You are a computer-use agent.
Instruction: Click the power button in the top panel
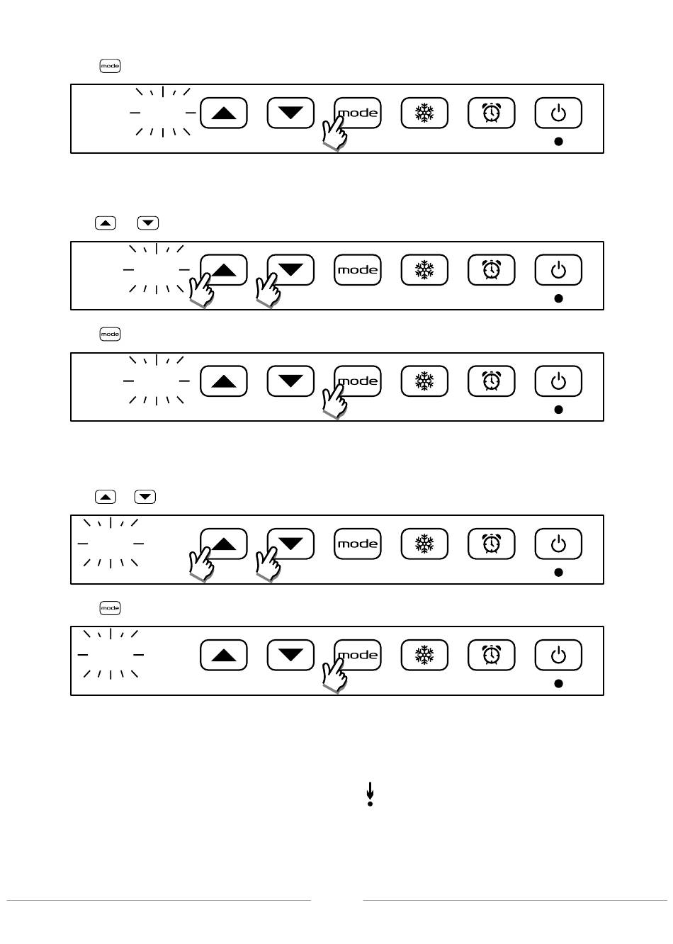[x=558, y=113]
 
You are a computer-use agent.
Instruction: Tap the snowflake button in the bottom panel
[x=424, y=655]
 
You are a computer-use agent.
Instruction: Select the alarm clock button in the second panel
[x=491, y=270]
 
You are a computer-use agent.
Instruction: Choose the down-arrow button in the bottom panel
[x=290, y=655]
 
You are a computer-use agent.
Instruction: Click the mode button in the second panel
[x=358, y=270]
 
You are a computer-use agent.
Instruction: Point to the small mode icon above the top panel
[x=110, y=66]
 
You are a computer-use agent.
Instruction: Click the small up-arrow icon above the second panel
[x=105, y=223]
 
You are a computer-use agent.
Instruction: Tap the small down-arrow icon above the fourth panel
[x=145, y=497]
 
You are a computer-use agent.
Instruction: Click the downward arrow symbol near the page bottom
[x=370, y=794]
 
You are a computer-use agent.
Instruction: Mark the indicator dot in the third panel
[x=558, y=410]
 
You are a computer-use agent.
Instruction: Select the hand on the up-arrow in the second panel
[x=201, y=291]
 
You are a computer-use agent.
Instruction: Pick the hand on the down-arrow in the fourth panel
[x=268, y=565]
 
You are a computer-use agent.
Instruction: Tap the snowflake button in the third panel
[x=424, y=381]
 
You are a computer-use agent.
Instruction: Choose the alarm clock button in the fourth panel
[x=491, y=544]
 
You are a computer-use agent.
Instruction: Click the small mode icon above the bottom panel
[x=110, y=608]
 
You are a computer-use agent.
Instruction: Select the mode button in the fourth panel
[x=358, y=544]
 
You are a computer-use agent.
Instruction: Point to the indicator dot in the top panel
[x=558, y=142]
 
